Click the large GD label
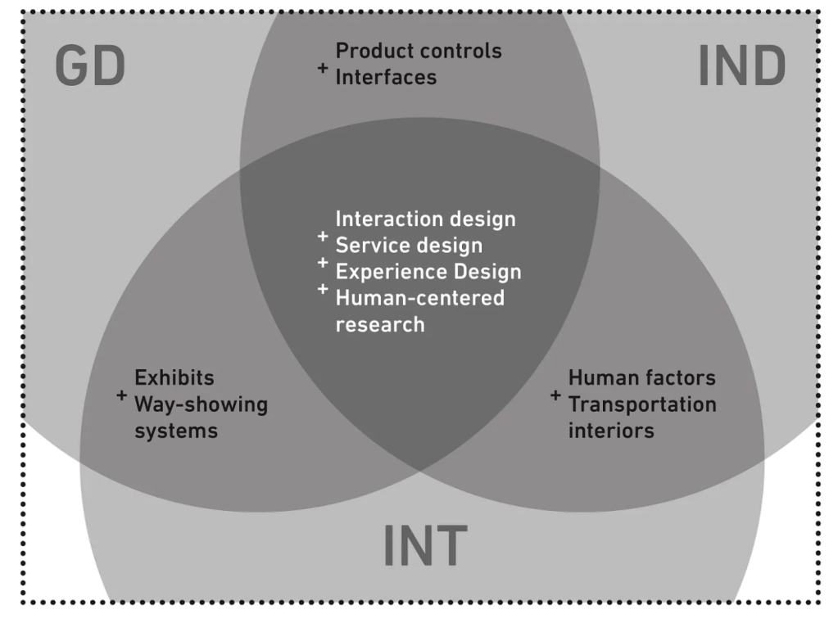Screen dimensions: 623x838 (90, 66)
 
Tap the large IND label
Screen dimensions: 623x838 (741, 66)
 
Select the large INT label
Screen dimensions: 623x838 (425, 546)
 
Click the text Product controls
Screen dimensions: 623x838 (419, 51)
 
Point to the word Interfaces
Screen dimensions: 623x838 (386, 77)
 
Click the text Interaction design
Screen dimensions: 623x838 (425, 219)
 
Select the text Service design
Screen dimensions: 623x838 (409, 245)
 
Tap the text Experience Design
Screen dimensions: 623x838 (428, 271)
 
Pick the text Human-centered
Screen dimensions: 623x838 (420, 297)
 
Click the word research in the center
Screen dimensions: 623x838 (380, 323)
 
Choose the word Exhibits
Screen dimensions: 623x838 (174, 378)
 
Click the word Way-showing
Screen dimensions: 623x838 (201, 404)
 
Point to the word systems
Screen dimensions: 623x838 (175, 431)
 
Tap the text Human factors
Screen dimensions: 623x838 (641, 378)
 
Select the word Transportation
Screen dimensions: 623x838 (642, 404)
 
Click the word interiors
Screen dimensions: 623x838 (611, 431)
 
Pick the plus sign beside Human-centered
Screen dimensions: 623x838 (323, 288)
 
